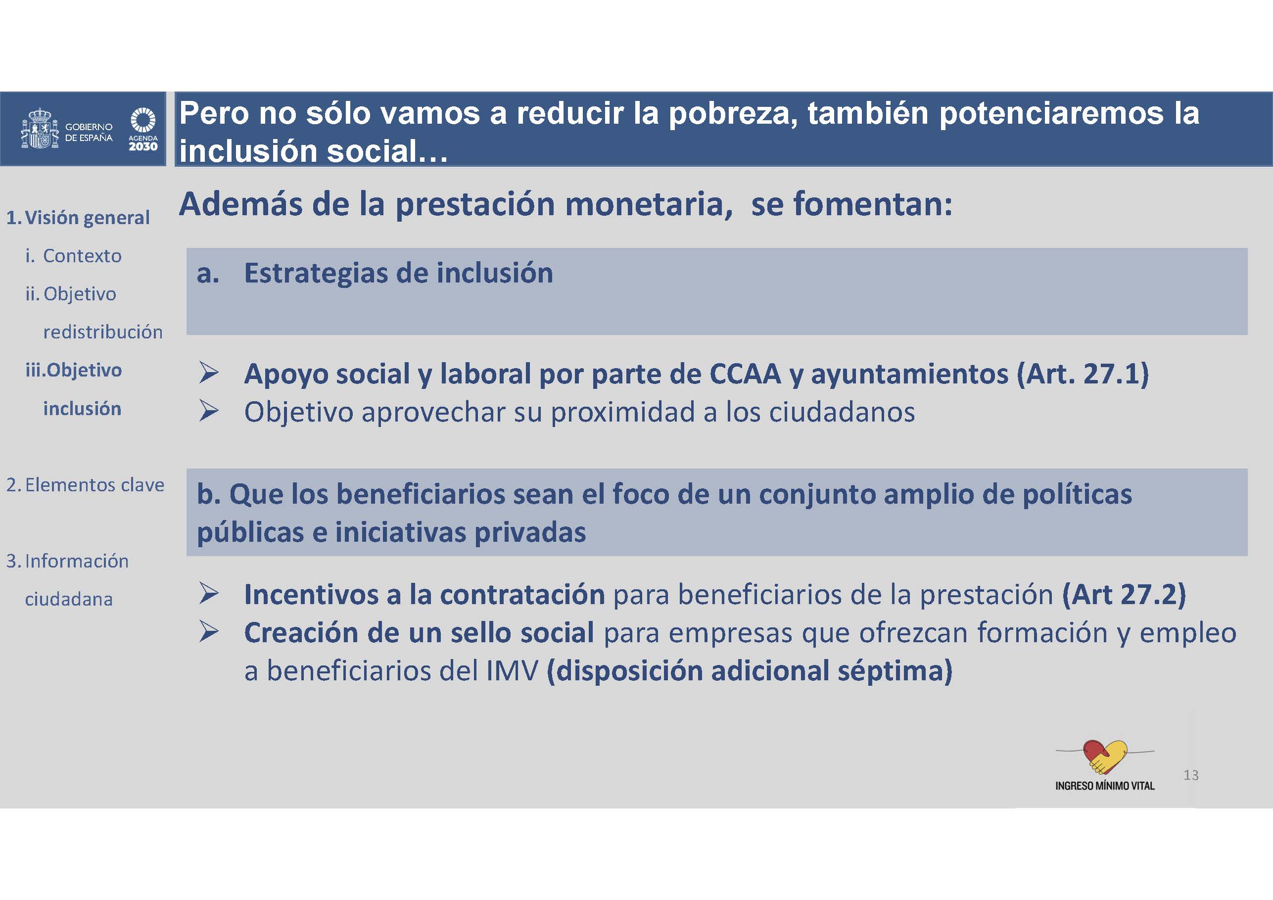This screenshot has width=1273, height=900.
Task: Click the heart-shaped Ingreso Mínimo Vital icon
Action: click(x=1104, y=757)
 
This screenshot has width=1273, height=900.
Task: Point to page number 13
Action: click(x=1191, y=775)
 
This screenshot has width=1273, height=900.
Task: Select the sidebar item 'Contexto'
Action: click(x=82, y=256)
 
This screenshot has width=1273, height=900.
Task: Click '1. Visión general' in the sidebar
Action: click(x=78, y=217)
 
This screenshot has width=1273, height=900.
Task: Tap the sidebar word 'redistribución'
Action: click(x=103, y=332)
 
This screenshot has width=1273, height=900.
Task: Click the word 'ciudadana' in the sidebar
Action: click(x=69, y=599)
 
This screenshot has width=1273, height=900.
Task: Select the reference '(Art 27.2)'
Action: click(x=1124, y=594)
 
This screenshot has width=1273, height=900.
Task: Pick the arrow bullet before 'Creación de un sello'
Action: click(x=209, y=632)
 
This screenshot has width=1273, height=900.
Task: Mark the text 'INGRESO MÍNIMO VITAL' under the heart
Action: click(x=1105, y=786)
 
